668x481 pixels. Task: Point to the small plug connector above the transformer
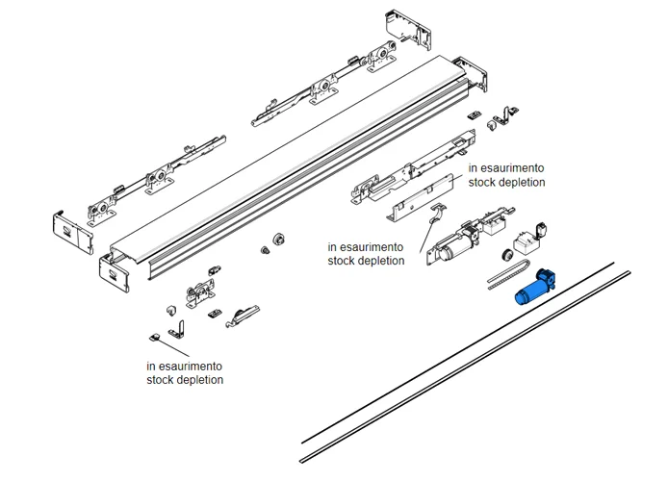point(543,228)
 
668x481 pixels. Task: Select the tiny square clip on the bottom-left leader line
point(154,337)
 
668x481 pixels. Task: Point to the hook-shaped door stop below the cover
point(244,312)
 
